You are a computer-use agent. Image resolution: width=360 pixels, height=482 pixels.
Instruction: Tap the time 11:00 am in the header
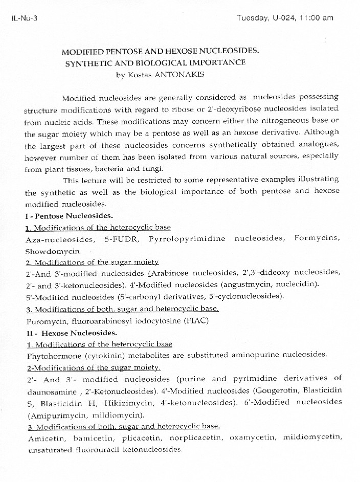(x=317, y=18)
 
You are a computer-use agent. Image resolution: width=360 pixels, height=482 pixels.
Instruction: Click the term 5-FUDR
(x=121, y=239)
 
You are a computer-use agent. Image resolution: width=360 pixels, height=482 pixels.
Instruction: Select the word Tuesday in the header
(x=253, y=18)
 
